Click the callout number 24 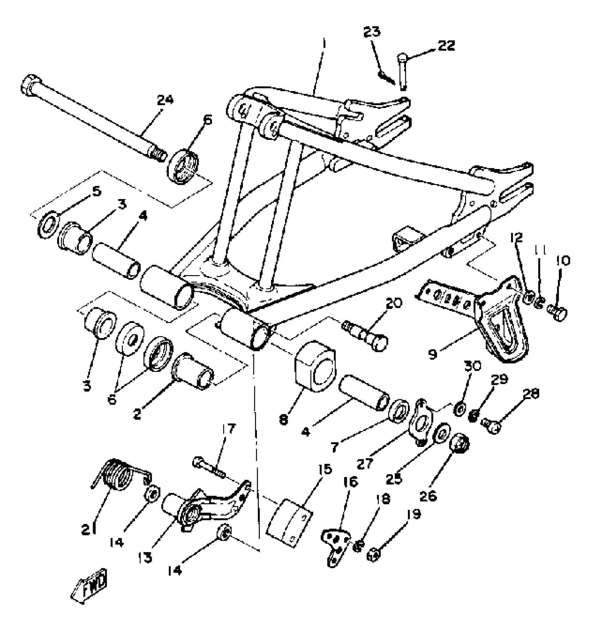165,101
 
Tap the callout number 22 446,46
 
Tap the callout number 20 394,302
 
